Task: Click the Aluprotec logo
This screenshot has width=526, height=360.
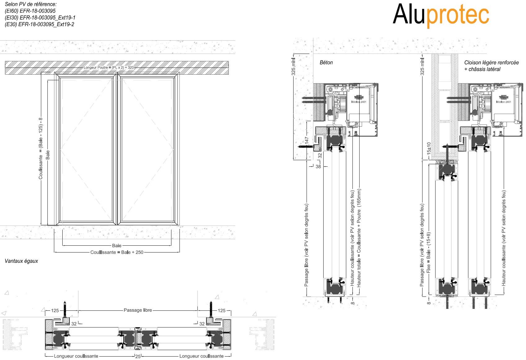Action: pyautogui.click(x=440, y=15)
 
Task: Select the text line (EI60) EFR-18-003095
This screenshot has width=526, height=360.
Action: pyautogui.click(x=30, y=11)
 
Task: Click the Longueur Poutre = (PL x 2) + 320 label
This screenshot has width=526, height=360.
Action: pyautogui.click(x=108, y=67)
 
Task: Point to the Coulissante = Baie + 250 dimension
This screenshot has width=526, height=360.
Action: pyautogui.click(x=117, y=252)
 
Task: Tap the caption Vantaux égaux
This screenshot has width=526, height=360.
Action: pyautogui.click(x=21, y=261)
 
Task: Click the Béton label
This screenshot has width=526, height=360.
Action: pyautogui.click(x=326, y=63)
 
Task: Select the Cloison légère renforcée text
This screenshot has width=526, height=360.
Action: pyautogui.click(x=491, y=63)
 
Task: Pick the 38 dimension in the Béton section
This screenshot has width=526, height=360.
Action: pyautogui.click(x=318, y=166)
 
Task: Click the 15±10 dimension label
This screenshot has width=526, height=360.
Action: pyautogui.click(x=429, y=149)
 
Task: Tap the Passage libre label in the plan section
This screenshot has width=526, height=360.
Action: pyautogui.click(x=138, y=310)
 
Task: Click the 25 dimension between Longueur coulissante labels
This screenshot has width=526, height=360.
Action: pyautogui.click(x=138, y=357)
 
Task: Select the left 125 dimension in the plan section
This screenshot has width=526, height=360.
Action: pyautogui.click(x=55, y=310)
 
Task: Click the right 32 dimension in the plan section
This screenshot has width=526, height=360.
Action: pyautogui.click(x=202, y=324)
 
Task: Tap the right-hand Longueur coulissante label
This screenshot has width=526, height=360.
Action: pyautogui.click(x=201, y=356)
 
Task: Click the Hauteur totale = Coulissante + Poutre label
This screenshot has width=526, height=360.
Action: pyautogui.click(x=359, y=238)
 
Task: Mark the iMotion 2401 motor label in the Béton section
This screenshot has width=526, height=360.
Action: pyautogui.click(x=359, y=102)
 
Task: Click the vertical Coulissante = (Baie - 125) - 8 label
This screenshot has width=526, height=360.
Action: pyautogui.click(x=41, y=148)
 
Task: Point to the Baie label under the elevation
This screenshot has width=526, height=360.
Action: pyautogui.click(x=117, y=245)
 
